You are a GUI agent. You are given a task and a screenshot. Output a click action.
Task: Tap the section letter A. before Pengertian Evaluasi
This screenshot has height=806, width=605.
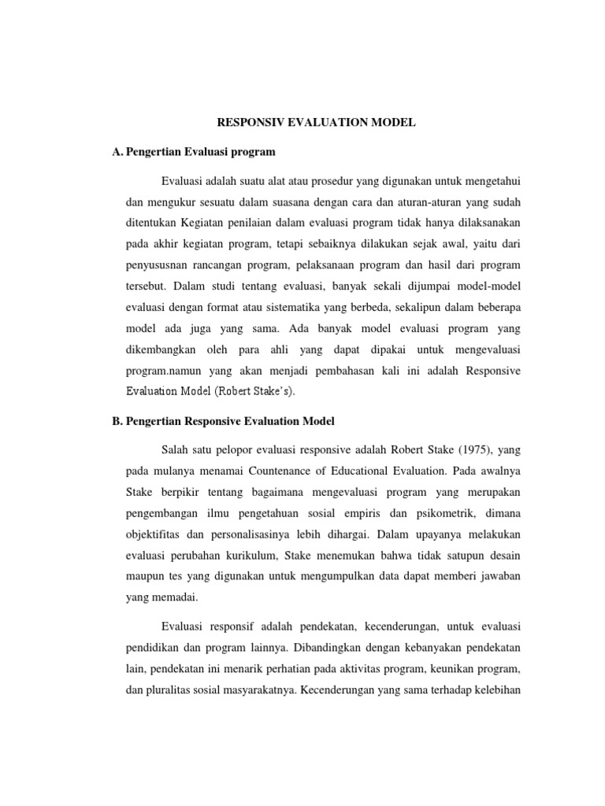point(119,151)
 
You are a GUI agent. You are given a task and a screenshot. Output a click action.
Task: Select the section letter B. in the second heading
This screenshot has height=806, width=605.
point(119,421)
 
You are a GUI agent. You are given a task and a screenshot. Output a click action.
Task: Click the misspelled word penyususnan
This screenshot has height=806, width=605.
point(161,264)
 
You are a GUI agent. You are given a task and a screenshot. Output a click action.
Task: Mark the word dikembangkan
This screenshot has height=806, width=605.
point(165,349)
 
